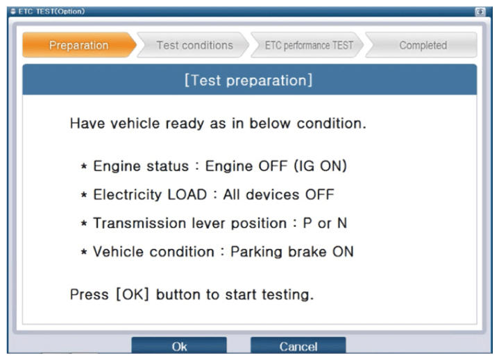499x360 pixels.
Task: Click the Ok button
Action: (179, 345)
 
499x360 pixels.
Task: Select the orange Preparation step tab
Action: (79, 45)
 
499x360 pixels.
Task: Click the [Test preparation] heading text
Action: (248, 80)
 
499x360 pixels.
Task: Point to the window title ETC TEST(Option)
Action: (51, 12)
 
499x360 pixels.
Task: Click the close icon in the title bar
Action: (480, 12)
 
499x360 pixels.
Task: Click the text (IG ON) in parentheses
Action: (320, 166)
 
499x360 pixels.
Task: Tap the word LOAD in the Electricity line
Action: (187, 195)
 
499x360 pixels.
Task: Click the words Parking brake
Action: (278, 252)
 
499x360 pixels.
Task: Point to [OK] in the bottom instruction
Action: (133, 295)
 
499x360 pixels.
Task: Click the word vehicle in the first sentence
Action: (135, 123)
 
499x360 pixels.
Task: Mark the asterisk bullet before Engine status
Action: (84, 166)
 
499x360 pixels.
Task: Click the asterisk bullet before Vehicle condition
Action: (84, 252)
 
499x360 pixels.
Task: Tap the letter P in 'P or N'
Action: (307, 223)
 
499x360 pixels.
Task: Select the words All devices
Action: (261, 195)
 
